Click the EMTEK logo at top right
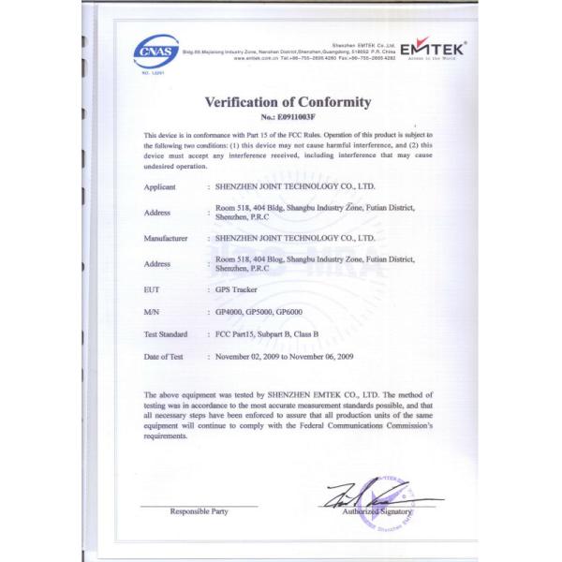click(434, 50)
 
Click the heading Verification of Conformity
click(288, 102)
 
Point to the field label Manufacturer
click(168, 239)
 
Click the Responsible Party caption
click(198, 511)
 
